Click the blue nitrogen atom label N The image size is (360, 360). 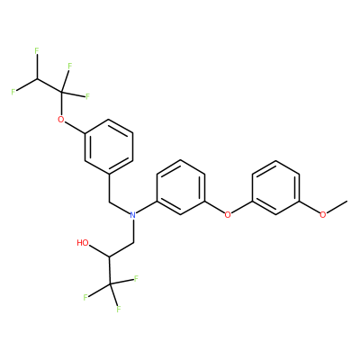coord(133,215)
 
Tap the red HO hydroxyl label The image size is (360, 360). coord(83,243)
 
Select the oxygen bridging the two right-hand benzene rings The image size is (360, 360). coord(228,215)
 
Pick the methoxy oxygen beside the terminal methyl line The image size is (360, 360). coord(323,215)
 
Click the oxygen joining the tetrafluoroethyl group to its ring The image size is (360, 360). coord(61,120)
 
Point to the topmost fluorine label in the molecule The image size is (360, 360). coord(37,50)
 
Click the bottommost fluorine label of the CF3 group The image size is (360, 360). coord(119,310)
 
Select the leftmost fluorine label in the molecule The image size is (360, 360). coord(13,92)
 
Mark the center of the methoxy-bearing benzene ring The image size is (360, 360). coord(275,187)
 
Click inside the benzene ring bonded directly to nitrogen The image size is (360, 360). coord(181,187)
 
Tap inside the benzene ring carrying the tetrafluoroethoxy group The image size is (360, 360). coord(109,147)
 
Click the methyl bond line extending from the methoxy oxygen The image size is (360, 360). coord(337,207)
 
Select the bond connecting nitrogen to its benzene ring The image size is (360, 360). coord(147,208)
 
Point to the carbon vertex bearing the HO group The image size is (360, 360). coord(110,256)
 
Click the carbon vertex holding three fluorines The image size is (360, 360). coord(110,283)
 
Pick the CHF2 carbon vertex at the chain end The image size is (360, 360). coord(38,78)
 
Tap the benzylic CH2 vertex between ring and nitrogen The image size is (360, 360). coord(109,202)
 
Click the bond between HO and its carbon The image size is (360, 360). coord(100,251)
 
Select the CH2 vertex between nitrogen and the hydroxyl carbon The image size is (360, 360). coord(133,242)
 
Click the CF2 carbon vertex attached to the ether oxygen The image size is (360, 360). coord(61,92)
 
